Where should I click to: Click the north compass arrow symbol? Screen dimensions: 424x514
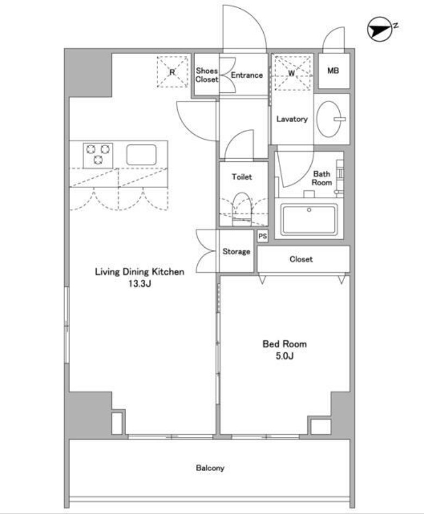[x=380, y=29]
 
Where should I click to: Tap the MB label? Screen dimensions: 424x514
[x=333, y=71]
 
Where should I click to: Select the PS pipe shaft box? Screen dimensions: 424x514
[x=263, y=236]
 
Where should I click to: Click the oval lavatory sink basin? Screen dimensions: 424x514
[x=329, y=119]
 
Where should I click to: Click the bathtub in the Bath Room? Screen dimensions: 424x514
[x=309, y=220]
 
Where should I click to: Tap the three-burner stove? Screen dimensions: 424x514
[x=98, y=155]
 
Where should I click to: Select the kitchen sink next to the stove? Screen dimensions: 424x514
[x=141, y=155]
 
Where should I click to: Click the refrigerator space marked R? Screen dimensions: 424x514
[x=172, y=72]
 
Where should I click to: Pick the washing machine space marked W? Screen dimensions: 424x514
[x=292, y=73]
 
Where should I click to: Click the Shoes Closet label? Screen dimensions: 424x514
[x=207, y=75]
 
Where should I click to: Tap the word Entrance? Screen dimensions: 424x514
[x=247, y=75]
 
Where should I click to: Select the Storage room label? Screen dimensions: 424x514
[x=236, y=252]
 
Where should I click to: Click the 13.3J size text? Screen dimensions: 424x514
[x=139, y=284]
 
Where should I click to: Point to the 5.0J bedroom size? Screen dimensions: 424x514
[x=284, y=356]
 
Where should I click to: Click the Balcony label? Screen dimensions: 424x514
[x=210, y=468]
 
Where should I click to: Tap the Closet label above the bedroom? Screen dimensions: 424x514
[x=301, y=259]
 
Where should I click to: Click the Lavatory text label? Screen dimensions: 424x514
[x=292, y=119]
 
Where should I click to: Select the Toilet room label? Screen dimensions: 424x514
[x=242, y=177]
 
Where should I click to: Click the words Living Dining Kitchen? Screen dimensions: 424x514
[x=139, y=272]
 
